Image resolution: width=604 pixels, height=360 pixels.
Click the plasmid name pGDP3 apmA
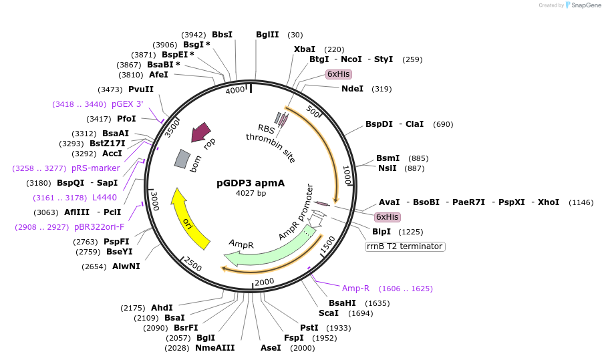pyautogui.click(x=251, y=183)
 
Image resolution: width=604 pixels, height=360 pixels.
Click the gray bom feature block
pyautogui.click(x=182, y=158)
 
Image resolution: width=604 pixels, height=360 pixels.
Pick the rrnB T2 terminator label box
pyautogui.click(x=405, y=246)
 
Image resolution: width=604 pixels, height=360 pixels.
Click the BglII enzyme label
pyautogui.click(x=267, y=35)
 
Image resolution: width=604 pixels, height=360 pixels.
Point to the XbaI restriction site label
pyautogui.click(x=305, y=49)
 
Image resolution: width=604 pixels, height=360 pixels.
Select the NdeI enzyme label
pyautogui.click(x=352, y=88)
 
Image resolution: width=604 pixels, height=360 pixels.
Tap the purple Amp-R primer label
pyautogui.click(x=355, y=289)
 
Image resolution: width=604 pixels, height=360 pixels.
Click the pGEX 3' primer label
pyautogui.click(x=127, y=104)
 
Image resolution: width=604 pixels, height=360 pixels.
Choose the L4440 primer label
pyautogui.click(x=104, y=198)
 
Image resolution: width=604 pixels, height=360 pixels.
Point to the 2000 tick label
pyautogui.click(x=264, y=282)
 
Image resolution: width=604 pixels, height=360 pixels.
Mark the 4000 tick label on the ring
pyautogui.click(x=235, y=91)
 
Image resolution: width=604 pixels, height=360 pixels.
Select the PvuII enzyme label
pyautogui.click(x=141, y=89)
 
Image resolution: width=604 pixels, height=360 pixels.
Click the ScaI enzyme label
pyautogui.click(x=329, y=313)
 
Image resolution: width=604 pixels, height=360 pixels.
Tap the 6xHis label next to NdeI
pyautogui.click(x=338, y=73)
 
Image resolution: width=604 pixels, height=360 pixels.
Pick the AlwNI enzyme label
pyautogui.click(x=126, y=266)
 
